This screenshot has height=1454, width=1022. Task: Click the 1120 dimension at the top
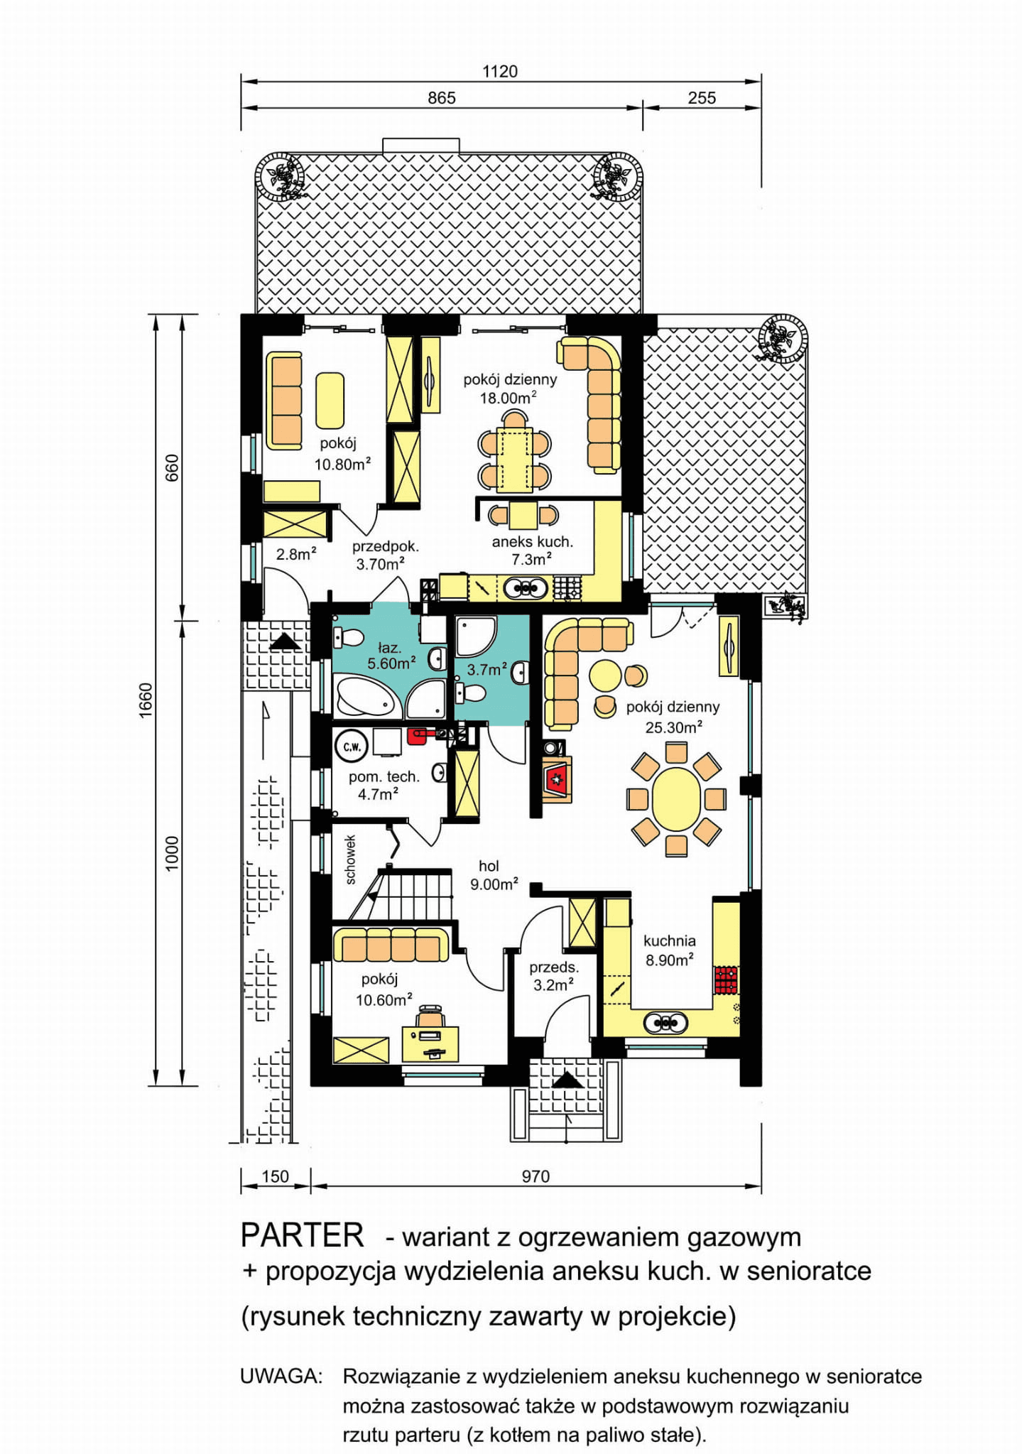(x=500, y=71)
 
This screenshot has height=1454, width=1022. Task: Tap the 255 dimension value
(x=702, y=98)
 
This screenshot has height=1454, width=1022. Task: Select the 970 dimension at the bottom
(x=536, y=1176)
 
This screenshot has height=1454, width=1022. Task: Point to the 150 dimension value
(x=276, y=1176)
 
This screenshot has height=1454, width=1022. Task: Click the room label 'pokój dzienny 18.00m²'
(x=510, y=389)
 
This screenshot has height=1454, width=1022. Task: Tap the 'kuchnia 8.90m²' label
(x=669, y=950)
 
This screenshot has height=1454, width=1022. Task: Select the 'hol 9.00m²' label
(x=493, y=875)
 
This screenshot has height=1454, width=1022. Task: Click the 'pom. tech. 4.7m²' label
(x=384, y=786)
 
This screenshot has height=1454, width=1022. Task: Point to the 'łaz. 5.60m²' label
(x=391, y=656)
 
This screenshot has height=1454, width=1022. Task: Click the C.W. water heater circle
(x=352, y=747)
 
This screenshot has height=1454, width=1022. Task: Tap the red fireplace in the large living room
(x=557, y=780)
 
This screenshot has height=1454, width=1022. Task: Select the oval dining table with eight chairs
(x=676, y=799)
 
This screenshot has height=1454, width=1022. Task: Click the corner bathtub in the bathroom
(x=366, y=697)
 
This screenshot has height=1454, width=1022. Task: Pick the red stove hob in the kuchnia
(x=726, y=980)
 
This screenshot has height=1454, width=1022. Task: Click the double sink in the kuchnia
(x=665, y=1023)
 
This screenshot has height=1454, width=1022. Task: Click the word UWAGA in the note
(x=281, y=1376)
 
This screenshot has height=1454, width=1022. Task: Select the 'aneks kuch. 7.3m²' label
(x=532, y=550)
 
